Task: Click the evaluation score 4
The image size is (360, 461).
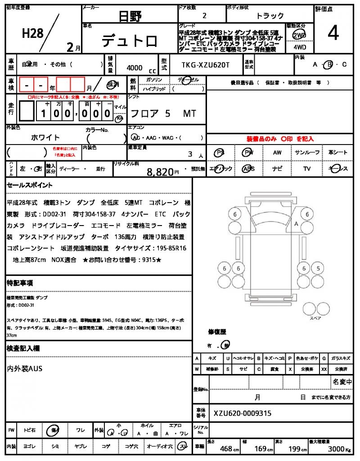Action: (333, 34)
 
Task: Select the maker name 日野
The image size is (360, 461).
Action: (130, 17)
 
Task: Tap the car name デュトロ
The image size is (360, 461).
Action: (130, 41)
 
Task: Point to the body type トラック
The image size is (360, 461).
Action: (270, 16)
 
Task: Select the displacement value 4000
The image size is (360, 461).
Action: (135, 68)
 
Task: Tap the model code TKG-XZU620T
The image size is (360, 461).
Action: (205, 65)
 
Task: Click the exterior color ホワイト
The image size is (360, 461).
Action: (45, 137)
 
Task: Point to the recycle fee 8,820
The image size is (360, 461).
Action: (160, 172)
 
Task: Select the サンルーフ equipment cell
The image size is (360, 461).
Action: (307, 153)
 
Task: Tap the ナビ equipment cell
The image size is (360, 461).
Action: (277, 169)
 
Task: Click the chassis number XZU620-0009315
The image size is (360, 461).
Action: (243, 413)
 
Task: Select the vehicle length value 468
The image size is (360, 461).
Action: (225, 449)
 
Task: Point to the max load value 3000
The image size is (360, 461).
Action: (335, 449)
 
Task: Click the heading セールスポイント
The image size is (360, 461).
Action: (30, 185)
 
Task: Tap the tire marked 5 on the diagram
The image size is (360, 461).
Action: (318, 269)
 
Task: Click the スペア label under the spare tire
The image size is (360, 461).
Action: (315, 318)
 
